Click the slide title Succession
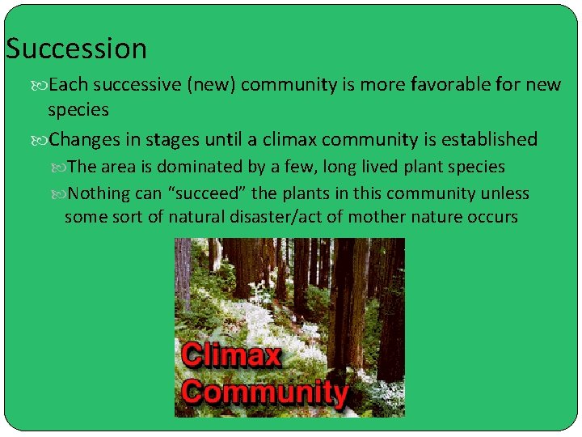[x=76, y=49]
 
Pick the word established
[x=483, y=140]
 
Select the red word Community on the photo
[x=264, y=392]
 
